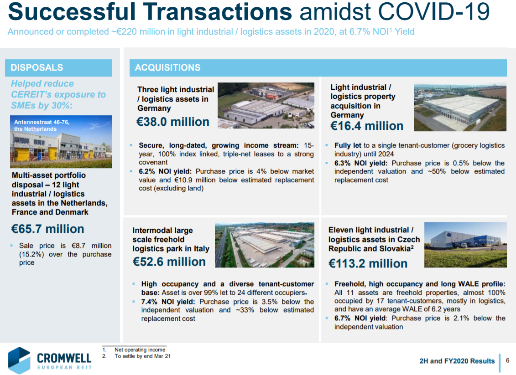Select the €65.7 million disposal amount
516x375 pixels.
[x=48, y=229]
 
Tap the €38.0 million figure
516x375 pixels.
[x=173, y=122]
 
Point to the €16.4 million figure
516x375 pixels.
[x=367, y=126]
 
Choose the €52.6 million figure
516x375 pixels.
[x=169, y=262]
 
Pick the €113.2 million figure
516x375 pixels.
[x=368, y=263]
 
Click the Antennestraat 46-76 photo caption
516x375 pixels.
[x=42, y=126]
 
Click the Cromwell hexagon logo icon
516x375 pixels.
[x=19, y=360]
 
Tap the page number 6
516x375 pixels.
[x=507, y=360]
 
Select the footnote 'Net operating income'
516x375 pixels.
[x=140, y=349]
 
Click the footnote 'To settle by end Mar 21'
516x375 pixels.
[x=142, y=356]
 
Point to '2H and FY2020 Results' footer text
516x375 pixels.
[x=457, y=361]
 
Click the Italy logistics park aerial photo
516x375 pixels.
[x=265, y=245]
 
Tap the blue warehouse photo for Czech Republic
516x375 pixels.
[x=465, y=245]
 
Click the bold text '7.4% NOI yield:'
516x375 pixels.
[x=168, y=302]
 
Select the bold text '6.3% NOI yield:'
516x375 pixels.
[x=361, y=163]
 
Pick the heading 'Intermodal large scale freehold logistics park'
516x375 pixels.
[x=171, y=240]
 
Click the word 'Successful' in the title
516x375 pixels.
[x=72, y=11]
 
